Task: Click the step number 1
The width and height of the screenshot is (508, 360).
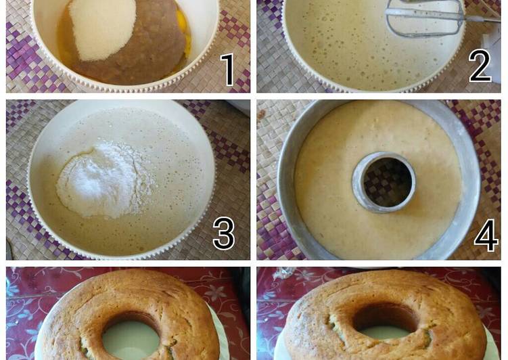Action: pos(228,69)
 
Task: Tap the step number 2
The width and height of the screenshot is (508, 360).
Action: pos(480,66)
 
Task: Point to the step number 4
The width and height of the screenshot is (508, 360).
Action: pos(486,235)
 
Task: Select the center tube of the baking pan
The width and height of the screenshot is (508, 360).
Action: pos(384,181)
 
